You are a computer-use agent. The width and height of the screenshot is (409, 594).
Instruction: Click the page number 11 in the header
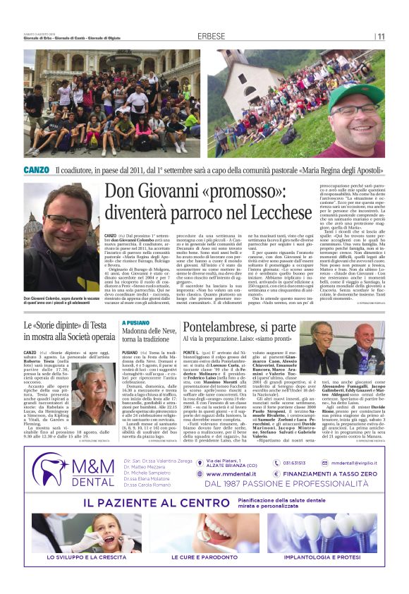[381, 36]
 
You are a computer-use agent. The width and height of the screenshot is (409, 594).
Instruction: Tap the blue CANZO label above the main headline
[36, 170]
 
